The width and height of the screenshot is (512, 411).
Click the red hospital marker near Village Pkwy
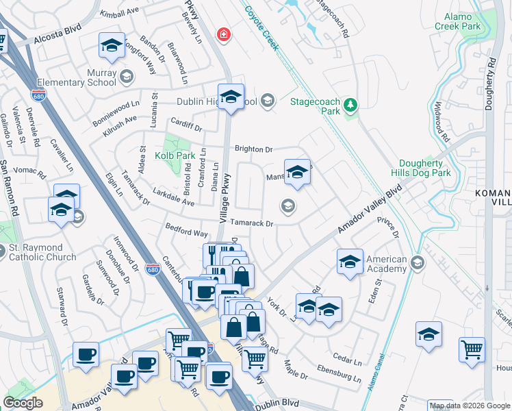click(222, 34)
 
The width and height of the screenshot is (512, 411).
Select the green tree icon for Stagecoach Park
click(350, 104)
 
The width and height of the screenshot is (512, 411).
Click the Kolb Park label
click(175, 155)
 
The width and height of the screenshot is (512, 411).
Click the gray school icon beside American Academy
click(418, 262)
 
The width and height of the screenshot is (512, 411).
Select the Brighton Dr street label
click(253, 149)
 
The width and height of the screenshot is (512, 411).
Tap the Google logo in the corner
click(23, 403)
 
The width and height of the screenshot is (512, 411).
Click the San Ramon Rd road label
click(12, 191)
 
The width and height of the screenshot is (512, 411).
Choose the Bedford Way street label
click(186, 229)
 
